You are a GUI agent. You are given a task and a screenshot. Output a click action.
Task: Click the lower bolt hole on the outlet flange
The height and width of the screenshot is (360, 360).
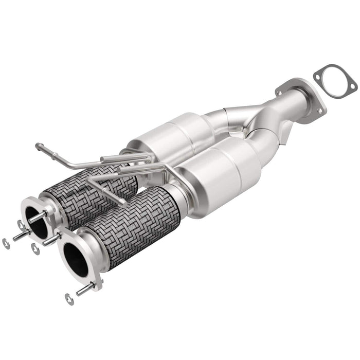(x=320, y=110)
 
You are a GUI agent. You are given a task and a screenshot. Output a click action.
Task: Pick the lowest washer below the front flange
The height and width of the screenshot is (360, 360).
(x=68, y=298)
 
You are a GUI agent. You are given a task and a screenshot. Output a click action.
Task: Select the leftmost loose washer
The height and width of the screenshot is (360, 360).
(x=6, y=244)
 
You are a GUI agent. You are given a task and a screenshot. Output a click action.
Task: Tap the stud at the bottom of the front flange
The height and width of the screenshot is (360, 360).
(x=85, y=290)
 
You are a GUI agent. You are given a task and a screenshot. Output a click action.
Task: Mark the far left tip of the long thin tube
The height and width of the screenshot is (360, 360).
(x=38, y=146)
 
